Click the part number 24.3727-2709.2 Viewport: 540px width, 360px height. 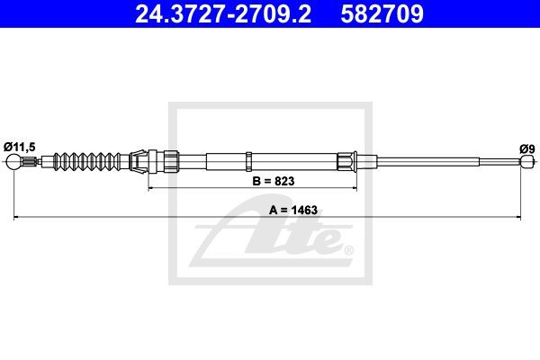[223, 14]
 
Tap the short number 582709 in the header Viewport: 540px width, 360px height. [382, 14]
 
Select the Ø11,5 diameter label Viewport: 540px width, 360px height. [20, 147]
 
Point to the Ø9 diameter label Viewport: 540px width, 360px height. [527, 148]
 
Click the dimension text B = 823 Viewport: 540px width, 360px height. [274, 181]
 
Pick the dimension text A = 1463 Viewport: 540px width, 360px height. [293, 210]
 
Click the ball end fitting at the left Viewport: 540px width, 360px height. [13, 162]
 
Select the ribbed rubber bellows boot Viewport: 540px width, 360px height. [87, 161]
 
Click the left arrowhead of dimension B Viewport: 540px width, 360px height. [150, 188]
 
